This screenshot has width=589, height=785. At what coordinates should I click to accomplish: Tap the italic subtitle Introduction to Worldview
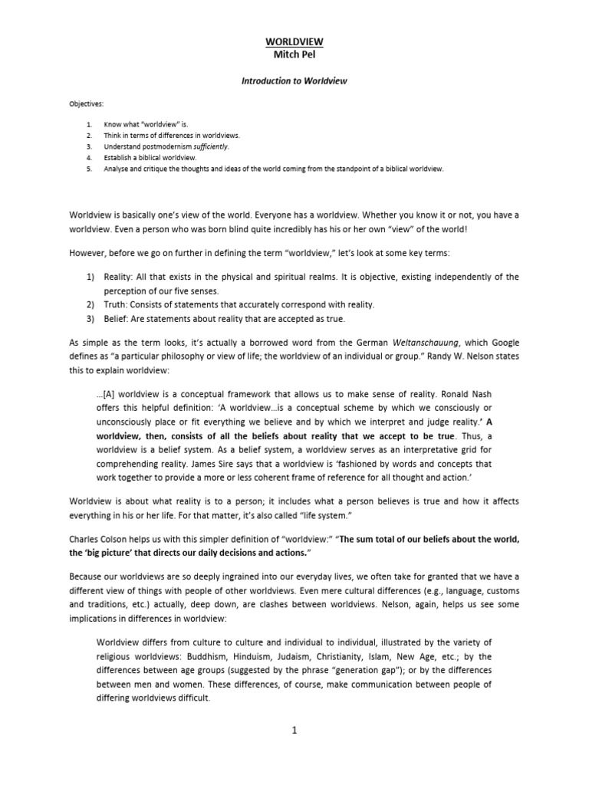coord(295,80)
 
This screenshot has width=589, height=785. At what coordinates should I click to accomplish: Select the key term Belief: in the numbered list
coord(117,318)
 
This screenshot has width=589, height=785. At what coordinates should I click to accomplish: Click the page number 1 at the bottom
coord(294,731)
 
